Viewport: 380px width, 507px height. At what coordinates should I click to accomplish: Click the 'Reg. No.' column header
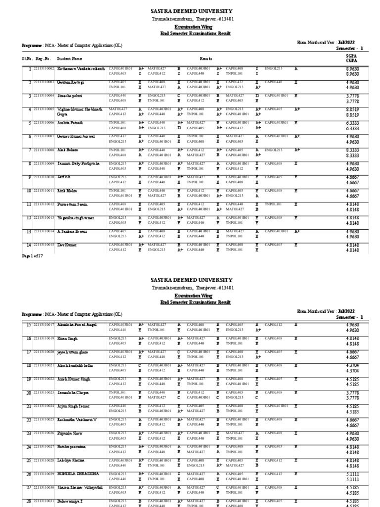(43, 58)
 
